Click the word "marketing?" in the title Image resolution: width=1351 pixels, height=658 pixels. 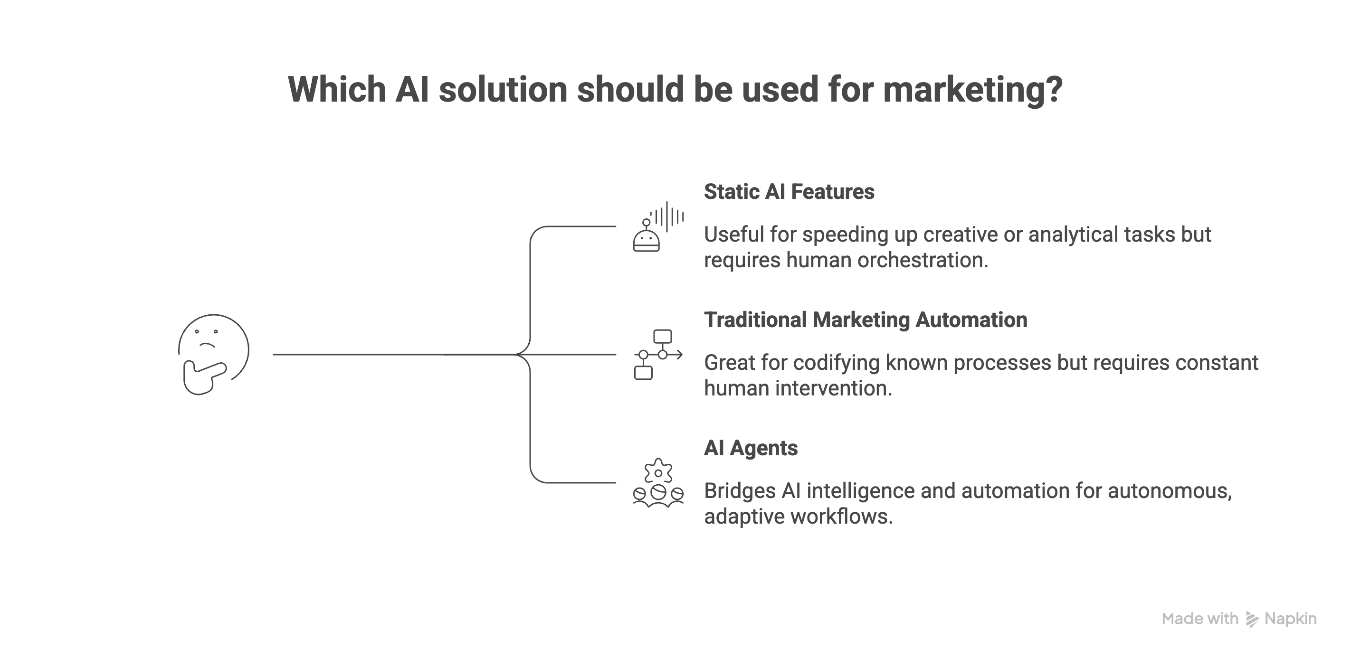tap(973, 90)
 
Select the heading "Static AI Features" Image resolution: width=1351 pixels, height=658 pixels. tap(789, 192)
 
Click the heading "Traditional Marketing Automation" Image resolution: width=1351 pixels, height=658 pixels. tap(866, 320)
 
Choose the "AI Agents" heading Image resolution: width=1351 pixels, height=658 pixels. tap(751, 448)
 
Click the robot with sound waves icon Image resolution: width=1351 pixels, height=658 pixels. tap(657, 227)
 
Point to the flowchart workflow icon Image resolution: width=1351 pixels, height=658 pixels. tap(657, 355)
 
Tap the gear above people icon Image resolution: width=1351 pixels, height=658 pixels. tap(657, 483)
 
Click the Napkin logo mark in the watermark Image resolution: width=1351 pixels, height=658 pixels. tap(1252, 619)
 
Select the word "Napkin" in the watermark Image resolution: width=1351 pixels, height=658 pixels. tap(1290, 619)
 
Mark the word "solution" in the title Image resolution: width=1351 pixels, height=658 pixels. tap(503, 90)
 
